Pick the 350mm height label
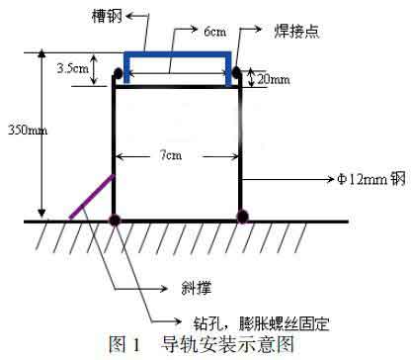(x=20, y=129)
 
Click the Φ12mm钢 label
(x=370, y=181)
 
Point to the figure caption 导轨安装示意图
(x=231, y=345)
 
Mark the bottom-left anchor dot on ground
(x=116, y=218)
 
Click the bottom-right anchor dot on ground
(x=239, y=218)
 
